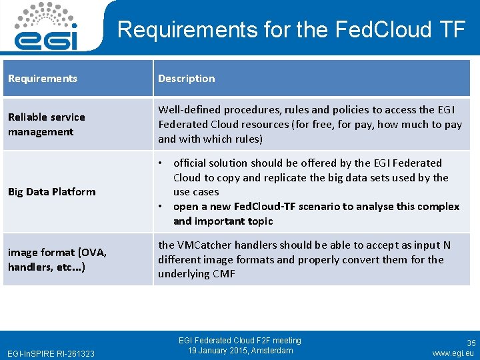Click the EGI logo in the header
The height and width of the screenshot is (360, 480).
[x=46, y=26]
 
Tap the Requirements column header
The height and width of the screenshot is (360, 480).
[x=43, y=79]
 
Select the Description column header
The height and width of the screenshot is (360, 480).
[x=187, y=79]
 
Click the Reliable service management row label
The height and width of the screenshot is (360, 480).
[x=47, y=124]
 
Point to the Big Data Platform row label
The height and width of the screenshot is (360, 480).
[x=51, y=192]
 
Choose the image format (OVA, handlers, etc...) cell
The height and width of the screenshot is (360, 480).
[x=57, y=259]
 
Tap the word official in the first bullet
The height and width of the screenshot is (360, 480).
[x=192, y=163]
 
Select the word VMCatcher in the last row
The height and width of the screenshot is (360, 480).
[x=203, y=245]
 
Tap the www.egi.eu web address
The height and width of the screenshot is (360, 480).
[x=453, y=353]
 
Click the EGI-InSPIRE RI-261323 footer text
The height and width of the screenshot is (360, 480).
[x=50, y=353]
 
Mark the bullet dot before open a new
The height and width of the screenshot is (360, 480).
[x=161, y=207]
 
